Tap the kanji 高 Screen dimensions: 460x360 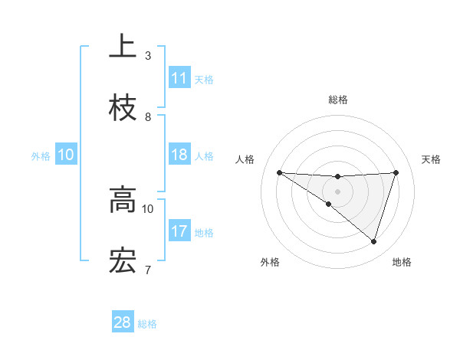click(x=123, y=201)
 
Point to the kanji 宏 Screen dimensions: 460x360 click(x=123, y=260)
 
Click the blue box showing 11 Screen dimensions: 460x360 click(x=179, y=78)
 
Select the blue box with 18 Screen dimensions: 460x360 click(x=179, y=155)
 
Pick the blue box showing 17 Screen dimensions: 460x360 click(x=179, y=231)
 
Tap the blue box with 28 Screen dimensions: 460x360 click(x=123, y=322)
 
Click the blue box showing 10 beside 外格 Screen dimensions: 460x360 click(x=66, y=155)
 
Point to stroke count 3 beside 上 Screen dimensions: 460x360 click(x=148, y=55)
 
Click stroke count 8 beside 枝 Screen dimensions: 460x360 click(x=148, y=116)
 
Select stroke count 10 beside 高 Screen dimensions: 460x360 click(x=148, y=208)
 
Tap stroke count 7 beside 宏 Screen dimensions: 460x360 click(x=148, y=269)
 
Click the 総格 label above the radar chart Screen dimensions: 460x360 click(x=337, y=100)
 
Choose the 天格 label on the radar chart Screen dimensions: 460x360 click(x=431, y=159)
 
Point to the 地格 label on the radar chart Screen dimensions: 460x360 click(x=402, y=262)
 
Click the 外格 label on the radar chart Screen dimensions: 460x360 click(x=269, y=262)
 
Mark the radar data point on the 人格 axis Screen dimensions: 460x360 click(x=279, y=172)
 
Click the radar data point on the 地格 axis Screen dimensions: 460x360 click(x=373, y=241)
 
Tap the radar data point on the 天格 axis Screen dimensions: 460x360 click(x=396, y=172)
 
